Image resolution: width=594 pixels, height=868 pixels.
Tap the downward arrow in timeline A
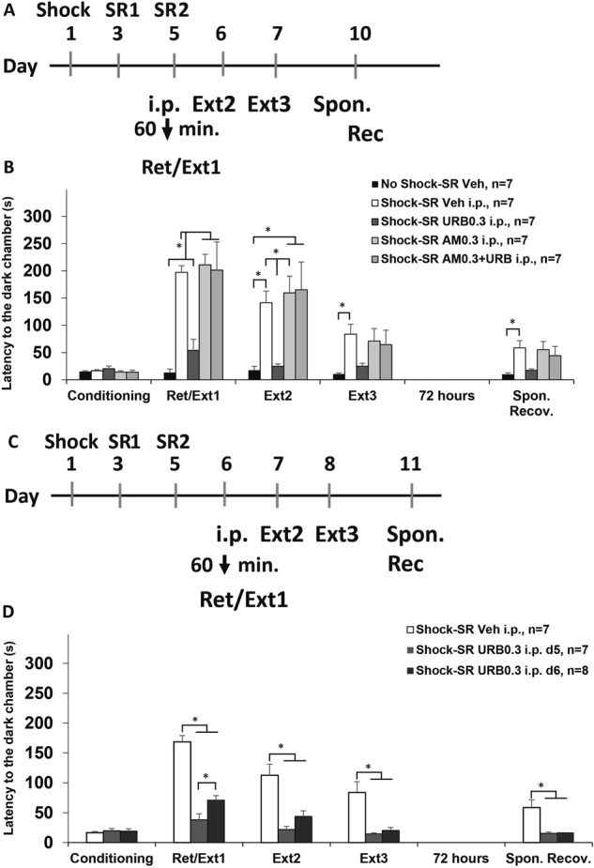tap(167, 129)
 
